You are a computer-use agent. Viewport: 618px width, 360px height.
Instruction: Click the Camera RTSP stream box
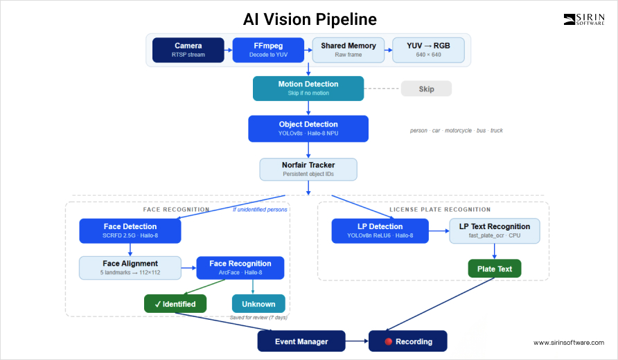[x=188, y=50]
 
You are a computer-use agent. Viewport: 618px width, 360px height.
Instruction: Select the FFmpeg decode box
[x=267, y=50]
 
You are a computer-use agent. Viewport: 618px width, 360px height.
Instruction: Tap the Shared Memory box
[x=348, y=50]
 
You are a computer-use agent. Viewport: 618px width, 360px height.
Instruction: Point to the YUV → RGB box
[x=428, y=50]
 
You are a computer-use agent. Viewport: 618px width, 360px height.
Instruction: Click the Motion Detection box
[x=308, y=88]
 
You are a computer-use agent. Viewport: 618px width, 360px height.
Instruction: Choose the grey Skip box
[x=426, y=89]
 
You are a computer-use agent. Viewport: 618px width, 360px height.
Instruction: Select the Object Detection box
[x=308, y=128]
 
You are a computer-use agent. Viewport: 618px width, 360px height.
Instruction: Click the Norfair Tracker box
[x=308, y=169]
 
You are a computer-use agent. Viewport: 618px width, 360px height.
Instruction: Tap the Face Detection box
[x=130, y=231]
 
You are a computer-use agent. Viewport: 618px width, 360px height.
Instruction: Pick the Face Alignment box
[x=130, y=267]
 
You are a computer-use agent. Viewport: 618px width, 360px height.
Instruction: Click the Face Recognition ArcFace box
[x=240, y=267]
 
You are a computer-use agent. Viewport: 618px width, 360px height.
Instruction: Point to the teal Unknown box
[x=258, y=303]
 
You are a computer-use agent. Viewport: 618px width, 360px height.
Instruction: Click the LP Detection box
[x=380, y=231]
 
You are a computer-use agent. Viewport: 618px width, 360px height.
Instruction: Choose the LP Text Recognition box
[x=494, y=231]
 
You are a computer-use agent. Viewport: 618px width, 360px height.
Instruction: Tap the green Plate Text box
[x=494, y=269]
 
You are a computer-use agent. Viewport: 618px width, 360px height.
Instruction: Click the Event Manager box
[x=301, y=341]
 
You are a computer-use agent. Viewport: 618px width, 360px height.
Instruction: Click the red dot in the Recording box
[x=389, y=341]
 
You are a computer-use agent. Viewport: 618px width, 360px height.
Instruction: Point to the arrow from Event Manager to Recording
[x=356, y=341]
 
